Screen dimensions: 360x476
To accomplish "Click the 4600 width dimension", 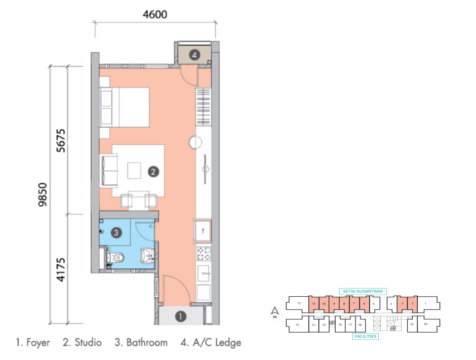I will pyautogui.click(x=154, y=15).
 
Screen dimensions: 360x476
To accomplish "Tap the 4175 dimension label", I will pyautogui.click(x=60, y=270).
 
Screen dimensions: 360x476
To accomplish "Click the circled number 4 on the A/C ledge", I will pyautogui.click(x=194, y=54).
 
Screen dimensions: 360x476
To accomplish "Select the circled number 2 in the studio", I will pyautogui.click(x=153, y=172).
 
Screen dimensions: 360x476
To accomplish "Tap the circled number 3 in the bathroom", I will pyautogui.click(x=116, y=233).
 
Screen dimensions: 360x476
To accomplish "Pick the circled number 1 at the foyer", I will pyautogui.click(x=180, y=316).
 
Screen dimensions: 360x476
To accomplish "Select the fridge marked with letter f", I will pyautogui.click(x=203, y=231).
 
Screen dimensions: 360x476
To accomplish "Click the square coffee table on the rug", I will pyautogui.click(x=135, y=170).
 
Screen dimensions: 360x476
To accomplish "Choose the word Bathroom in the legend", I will pyautogui.click(x=146, y=343).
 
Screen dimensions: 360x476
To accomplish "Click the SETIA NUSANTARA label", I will pyautogui.click(x=363, y=291).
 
